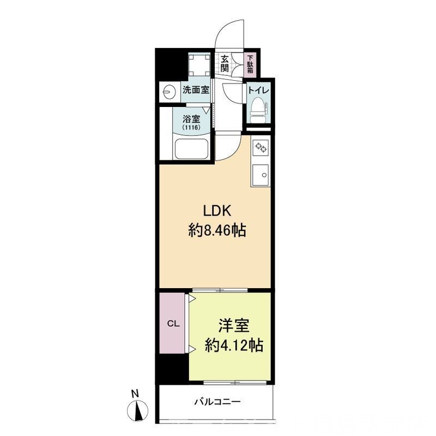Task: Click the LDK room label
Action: coord(217,211)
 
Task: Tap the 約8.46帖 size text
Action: coord(217,230)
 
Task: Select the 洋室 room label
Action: coord(234,326)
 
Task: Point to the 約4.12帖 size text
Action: coord(234,345)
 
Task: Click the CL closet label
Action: coord(173,324)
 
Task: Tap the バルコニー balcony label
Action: coord(217,402)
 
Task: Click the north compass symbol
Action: coord(137,410)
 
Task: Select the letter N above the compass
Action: coord(135,394)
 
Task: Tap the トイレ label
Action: coord(258,90)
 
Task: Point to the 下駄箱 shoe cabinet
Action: coord(251,64)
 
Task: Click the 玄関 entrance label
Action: coord(225,63)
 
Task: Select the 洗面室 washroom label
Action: coord(196,90)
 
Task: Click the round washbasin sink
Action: coord(169,91)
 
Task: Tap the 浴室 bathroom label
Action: coord(191,119)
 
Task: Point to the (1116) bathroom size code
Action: coord(191,128)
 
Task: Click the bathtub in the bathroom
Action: coord(191,148)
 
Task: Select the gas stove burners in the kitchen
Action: coord(261,147)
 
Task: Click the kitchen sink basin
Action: coord(261,174)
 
